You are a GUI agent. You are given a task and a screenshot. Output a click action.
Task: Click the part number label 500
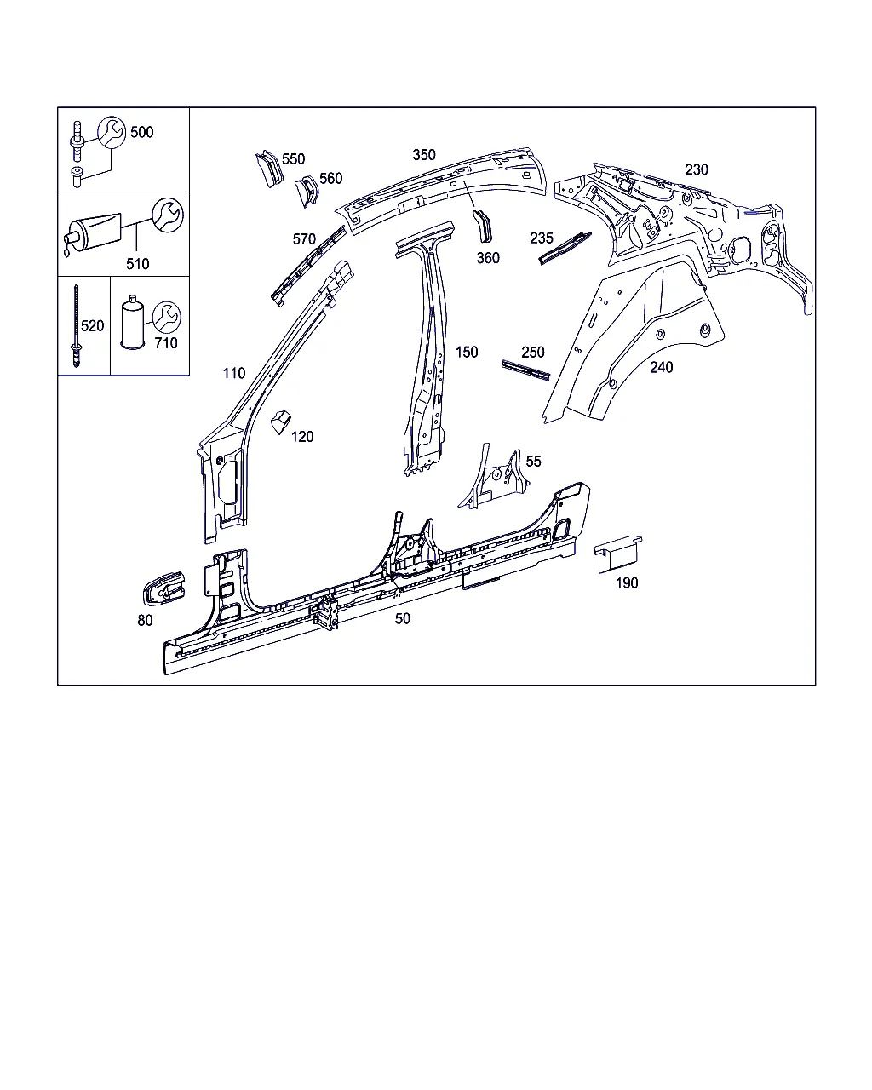tap(142, 132)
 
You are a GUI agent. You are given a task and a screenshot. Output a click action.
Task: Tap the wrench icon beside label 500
tap(112, 132)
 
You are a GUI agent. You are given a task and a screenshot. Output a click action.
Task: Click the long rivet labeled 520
tap(76, 324)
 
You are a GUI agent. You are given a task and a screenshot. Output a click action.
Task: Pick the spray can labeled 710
tap(133, 323)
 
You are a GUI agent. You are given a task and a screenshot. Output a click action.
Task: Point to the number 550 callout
tap(294, 159)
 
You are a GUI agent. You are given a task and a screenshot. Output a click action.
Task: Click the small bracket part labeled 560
tap(307, 191)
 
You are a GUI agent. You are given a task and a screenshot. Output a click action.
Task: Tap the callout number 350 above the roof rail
tap(424, 155)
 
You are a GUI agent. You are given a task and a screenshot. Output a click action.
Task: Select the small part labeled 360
tap(483, 226)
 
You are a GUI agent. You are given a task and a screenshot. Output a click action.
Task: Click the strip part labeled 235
tap(565, 249)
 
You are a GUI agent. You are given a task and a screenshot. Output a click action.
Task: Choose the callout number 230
tap(697, 169)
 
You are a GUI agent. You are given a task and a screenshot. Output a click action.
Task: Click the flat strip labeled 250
tap(526, 370)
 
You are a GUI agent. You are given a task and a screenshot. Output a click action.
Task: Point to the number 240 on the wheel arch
tap(661, 367)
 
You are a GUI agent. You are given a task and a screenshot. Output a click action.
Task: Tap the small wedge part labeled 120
tap(280, 422)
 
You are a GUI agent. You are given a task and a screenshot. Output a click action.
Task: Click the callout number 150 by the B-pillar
tap(467, 352)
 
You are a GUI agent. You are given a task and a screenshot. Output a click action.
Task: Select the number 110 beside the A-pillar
tap(234, 373)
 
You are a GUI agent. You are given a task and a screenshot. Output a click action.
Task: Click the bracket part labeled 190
tap(617, 554)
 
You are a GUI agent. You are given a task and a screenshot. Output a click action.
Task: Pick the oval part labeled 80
tap(164, 588)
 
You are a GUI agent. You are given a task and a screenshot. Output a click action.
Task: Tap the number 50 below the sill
tap(403, 618)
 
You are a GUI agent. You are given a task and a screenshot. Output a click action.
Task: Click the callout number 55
tap(534, 462)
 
